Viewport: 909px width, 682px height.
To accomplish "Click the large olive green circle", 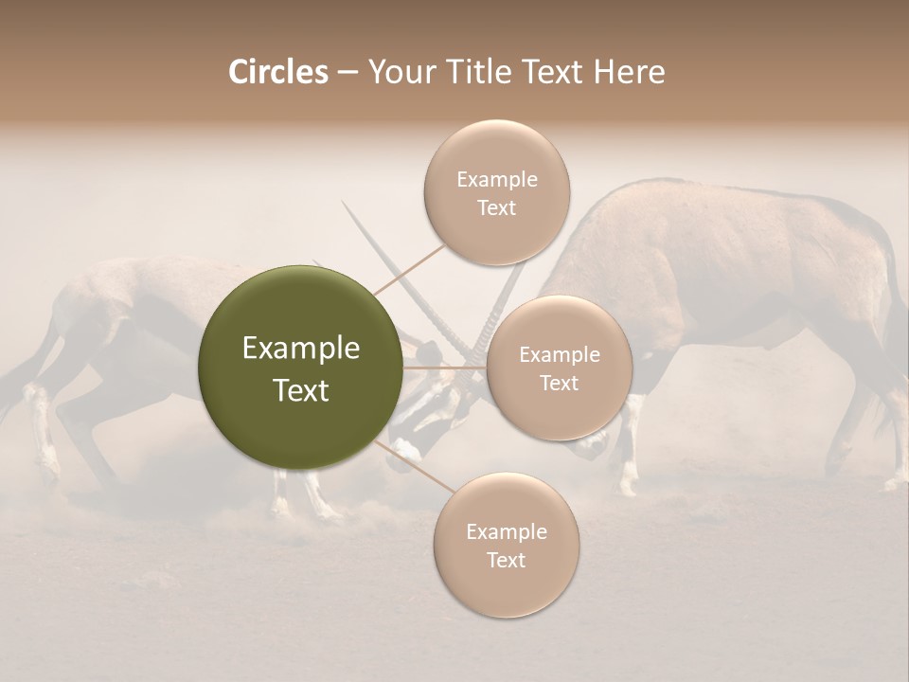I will coord(300,368).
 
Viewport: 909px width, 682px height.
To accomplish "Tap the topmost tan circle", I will coord(496,192).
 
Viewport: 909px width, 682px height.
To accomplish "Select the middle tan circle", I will coord(559,368).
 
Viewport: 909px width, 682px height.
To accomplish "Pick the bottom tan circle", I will coord(506,545).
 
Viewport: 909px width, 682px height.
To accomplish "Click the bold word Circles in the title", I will coord(277,72).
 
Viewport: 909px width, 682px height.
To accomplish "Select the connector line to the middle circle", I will coord(445,367).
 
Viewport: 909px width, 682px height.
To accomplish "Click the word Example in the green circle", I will coord(300,349).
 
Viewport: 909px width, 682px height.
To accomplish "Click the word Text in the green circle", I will coord(300,390).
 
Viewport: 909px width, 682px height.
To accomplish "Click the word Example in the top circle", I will coord(496,179).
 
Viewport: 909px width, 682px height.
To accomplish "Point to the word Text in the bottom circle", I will coord(506,560).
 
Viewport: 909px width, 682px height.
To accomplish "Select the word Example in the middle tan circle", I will coord(559,354).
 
